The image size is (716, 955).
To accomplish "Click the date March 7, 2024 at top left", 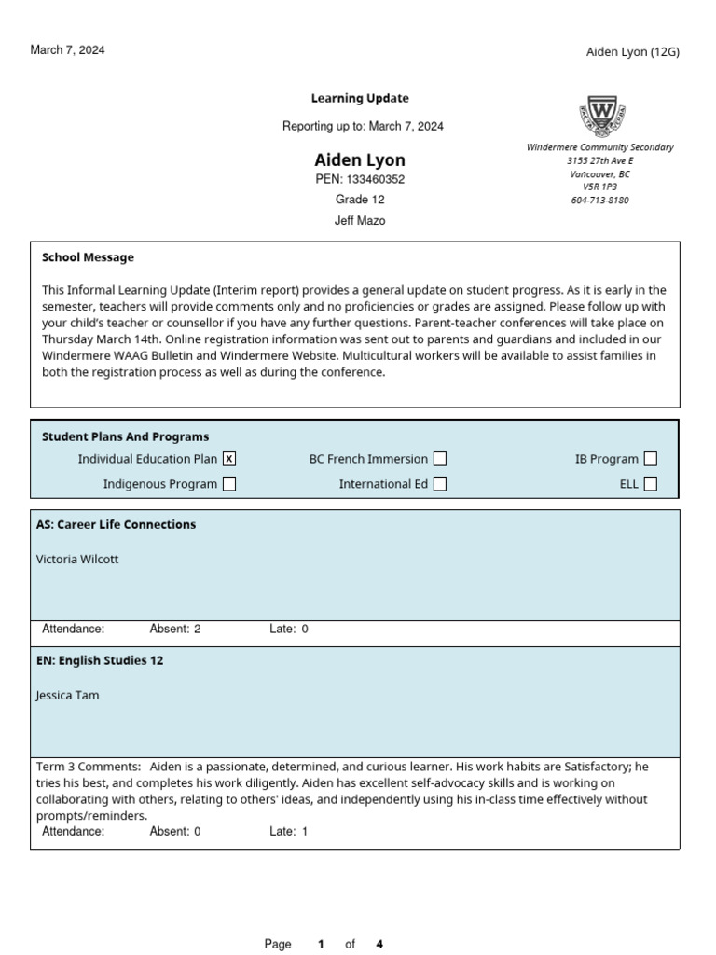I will (x=67, y=50).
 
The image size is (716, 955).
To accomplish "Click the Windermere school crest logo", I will (x=600, y=117).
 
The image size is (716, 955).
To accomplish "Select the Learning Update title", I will (x=359, y=98).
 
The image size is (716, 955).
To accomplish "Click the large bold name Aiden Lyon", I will (x=359, y=159).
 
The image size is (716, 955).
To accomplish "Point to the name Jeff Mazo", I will (x=359, y=221).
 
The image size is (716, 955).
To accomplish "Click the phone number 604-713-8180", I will (x=599, y=201).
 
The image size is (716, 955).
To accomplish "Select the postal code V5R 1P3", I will (x=599, y=187).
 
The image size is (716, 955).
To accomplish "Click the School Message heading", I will (x=88, y=257).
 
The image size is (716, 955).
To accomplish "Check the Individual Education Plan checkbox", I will (x=229, y=459).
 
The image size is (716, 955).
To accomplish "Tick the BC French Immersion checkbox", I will (x=440, y=459).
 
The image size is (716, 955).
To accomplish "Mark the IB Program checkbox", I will (x=651, y=459).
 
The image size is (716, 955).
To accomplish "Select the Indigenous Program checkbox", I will (x=229, y=484).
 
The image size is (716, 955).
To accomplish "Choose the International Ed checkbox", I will (x=440, y=484).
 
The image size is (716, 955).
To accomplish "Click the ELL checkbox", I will (x=651, y=484).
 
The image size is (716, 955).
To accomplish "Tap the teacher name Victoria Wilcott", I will (x=77, y=560).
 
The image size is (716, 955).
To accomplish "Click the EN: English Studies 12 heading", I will (x=100, y=660).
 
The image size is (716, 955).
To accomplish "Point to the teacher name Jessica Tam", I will (x=67, y=696).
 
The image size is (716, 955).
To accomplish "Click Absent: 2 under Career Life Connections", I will (x=175, y=630).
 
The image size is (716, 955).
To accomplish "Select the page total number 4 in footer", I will (x=379, y=944).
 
